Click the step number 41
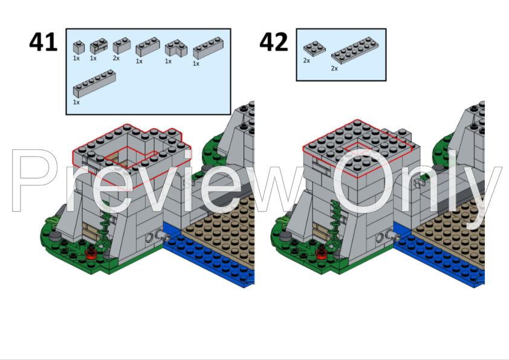[x=44, y=42]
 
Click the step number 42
[x=274, y=42]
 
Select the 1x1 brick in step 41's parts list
[x=78, y=47]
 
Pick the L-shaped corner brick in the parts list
[x=176, y=48]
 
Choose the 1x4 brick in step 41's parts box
[x=208, y=49]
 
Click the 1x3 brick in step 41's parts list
[x=147, y=47]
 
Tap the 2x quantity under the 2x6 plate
[x=334, y=68]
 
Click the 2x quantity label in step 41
[x=117, y=58]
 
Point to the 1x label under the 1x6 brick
[x=76, y=102]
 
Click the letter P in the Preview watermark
[x=33, y=181]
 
